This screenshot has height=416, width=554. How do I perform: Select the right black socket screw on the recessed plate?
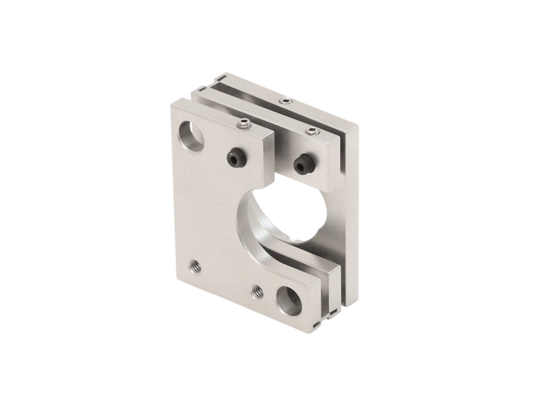303,164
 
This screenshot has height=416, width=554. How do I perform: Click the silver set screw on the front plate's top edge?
244,125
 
